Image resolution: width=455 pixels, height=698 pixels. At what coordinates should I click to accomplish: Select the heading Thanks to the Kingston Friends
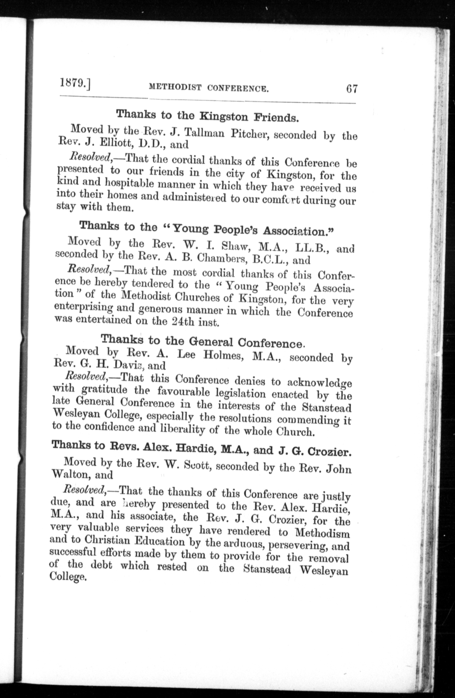coord(207,116)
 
